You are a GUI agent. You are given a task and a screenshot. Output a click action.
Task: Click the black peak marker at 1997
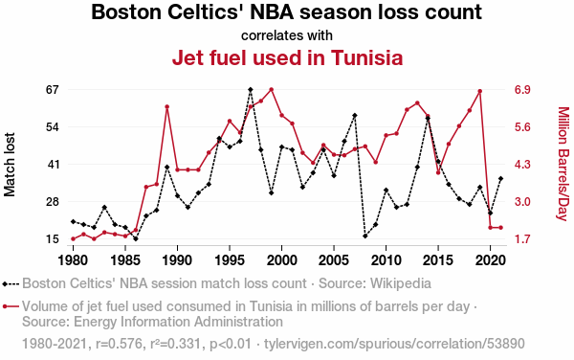[x=251, y=89]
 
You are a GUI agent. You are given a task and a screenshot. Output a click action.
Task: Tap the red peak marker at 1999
[x=272, y=89]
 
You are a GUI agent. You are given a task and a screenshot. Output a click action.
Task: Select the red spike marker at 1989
[x=166, y=106]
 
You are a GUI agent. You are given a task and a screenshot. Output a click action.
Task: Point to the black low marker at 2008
[x=365, y=236]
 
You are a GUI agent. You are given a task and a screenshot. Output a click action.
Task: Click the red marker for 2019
[x=480, y=91]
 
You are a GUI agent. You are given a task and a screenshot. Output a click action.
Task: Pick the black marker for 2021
[x=500, y=179]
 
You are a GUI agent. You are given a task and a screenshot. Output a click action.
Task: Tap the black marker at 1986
[x=136, y=238]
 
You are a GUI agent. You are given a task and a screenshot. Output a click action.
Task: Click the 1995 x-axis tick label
[x=230, y=260]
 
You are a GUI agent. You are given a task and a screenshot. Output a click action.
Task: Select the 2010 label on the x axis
[x=386, y=260]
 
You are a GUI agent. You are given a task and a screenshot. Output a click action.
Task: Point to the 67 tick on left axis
[x=53, y=90]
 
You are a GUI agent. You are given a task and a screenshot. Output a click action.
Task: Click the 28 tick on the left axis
[x=53, y=202]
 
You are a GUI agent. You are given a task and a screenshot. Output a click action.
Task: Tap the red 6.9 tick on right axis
[x=522, y=90]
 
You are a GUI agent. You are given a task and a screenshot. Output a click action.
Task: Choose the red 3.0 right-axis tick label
[x=522, y=202]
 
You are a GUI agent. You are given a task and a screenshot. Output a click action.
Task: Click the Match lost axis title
[x=10, y=165]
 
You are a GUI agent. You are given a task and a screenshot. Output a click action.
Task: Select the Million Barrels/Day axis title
[x=563, y=164]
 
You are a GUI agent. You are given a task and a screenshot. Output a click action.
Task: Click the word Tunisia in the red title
[x=366, y=57]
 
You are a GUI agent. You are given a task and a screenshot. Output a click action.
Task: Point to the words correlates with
[x=287, y=35]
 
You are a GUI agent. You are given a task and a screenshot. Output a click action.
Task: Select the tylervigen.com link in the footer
[x=394, y=344]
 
